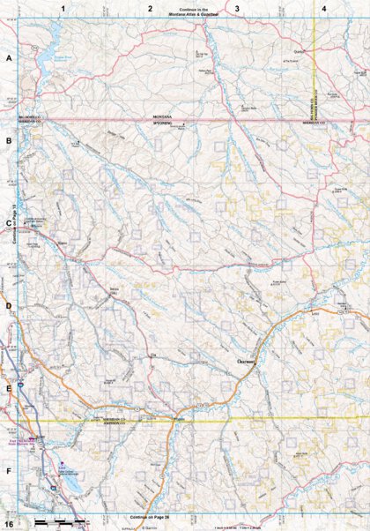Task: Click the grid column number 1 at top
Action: (x=63, y=8)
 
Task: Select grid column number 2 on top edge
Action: (x=151, y=8)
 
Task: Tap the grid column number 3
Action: (x=237, y=8)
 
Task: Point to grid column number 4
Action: (x=323, y=8)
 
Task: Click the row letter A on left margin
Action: (x=8, y=58)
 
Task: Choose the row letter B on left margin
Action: (x=8, y=140)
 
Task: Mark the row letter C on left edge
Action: (x=8, y=223)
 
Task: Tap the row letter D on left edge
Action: (x=8, y=306)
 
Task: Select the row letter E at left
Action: (x=8, y=388)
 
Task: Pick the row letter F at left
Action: (x=8, y=471)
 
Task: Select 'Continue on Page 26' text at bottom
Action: (x=149, y=515)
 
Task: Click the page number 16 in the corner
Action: (x=8, y=524)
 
